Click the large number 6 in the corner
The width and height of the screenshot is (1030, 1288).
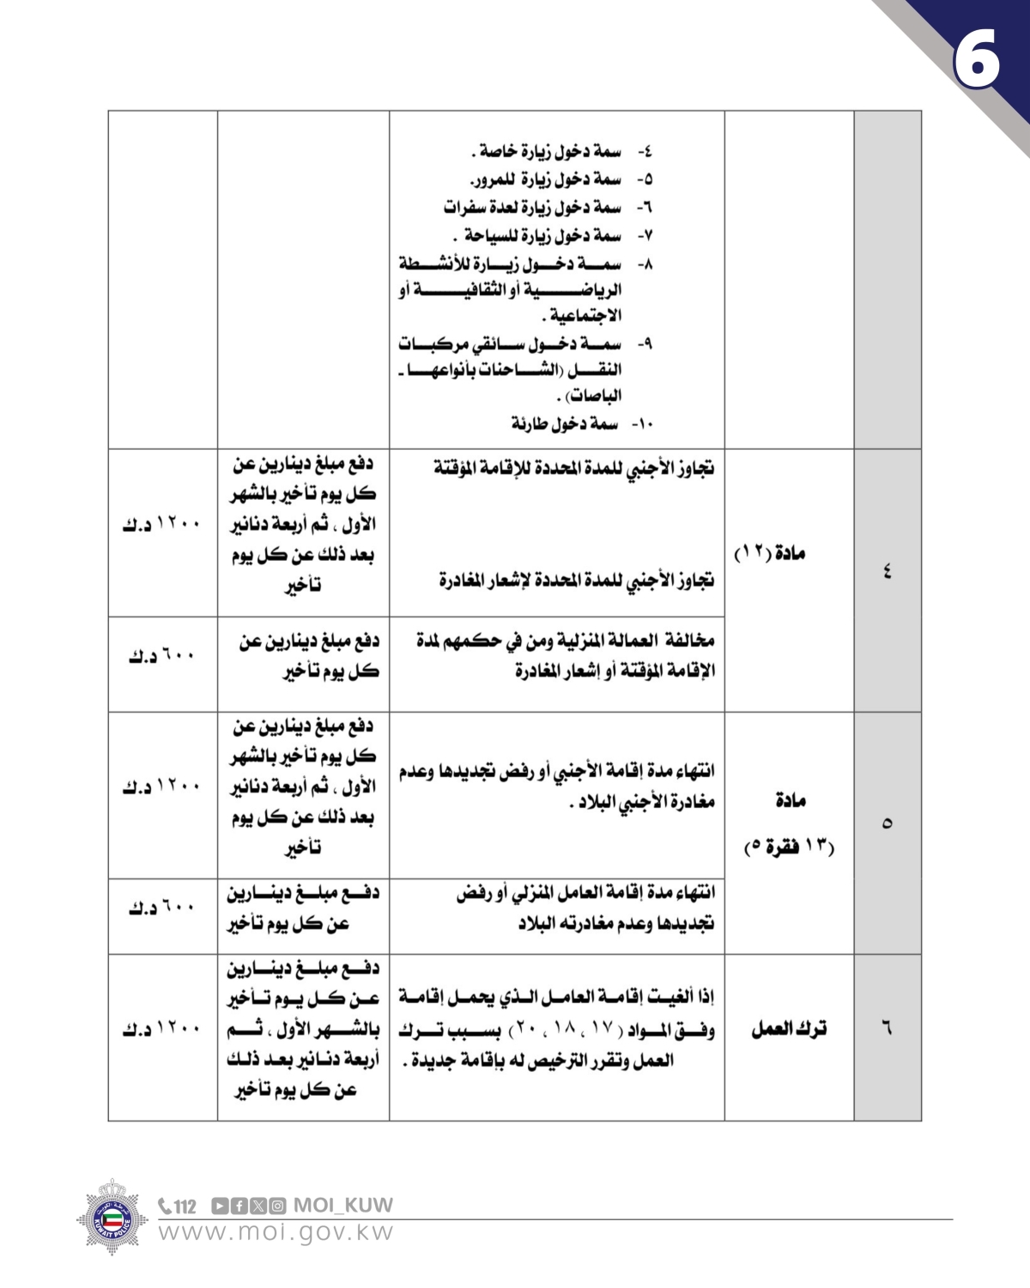tap(977, 58)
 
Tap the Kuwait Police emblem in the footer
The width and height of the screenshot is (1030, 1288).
tap(112, 1217)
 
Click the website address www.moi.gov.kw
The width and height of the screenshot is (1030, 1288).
tap(276, 1232)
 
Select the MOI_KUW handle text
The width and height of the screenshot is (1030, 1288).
tap(343, 1205)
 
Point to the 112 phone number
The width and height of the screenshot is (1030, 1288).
tap(178, 1206)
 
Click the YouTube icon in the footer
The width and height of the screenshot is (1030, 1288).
tap(219, 1206)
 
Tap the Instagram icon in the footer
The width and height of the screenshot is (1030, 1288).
tap(276, 1206)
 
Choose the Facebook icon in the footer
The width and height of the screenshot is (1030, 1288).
tap(239, 1206)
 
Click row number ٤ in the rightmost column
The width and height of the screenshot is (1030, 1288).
tap(887, 570)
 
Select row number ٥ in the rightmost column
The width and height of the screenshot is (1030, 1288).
tap(887, 823)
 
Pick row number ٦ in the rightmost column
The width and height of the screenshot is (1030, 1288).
tap(887, 1027)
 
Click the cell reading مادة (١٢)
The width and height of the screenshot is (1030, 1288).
tap(769, 553)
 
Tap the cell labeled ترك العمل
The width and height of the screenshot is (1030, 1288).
tap(789, 1028)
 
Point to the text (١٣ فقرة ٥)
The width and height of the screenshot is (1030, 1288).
tap(789, 848)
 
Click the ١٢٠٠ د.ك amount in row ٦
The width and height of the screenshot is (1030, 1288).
tap(161, 1029)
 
